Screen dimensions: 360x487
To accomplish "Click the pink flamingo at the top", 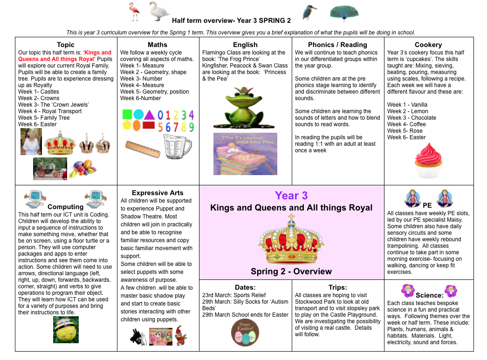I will pyautogui.click(x=135, y=12).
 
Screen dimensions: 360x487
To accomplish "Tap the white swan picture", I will pyautogui.click(x=159, y=11).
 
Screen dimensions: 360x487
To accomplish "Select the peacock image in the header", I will pyautogui.click(x=344, y=13).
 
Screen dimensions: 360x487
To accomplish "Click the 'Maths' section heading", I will pyautogui.click(x=157, y=45).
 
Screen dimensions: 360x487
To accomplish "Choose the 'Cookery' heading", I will pyautogui.click(x=428, y=45).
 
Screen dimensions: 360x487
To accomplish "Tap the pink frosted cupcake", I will pyautogui.click(x=428, y=161).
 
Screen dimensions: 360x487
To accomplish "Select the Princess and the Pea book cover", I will pyautogui.click(x=245, y=154).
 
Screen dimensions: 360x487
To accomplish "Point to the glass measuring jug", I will pyautogui.click(x=177, y=146).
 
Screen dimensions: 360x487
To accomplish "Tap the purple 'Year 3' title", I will pyautogui.click(x=291, y=196).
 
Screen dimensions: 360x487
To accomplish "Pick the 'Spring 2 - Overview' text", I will pyautogui.click(x=291, y=272).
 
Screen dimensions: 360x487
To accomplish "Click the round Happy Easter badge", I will pyautogui.click(x=245, y=333).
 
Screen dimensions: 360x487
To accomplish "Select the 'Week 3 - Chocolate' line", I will pyautogui.click(x=412, y=118).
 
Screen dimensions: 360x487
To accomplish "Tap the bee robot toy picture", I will pyautogui.click(x=66, y=329).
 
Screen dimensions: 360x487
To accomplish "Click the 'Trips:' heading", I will pyautogui.click(x=337, y=287).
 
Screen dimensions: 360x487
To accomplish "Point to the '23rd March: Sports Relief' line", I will pyautogui.click(x=233, y=295).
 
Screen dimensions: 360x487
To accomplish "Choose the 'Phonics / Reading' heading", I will pyautogui.click(x=337, y=45).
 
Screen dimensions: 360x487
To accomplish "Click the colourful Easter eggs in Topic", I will pyautogui.click(x=83, y=169).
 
